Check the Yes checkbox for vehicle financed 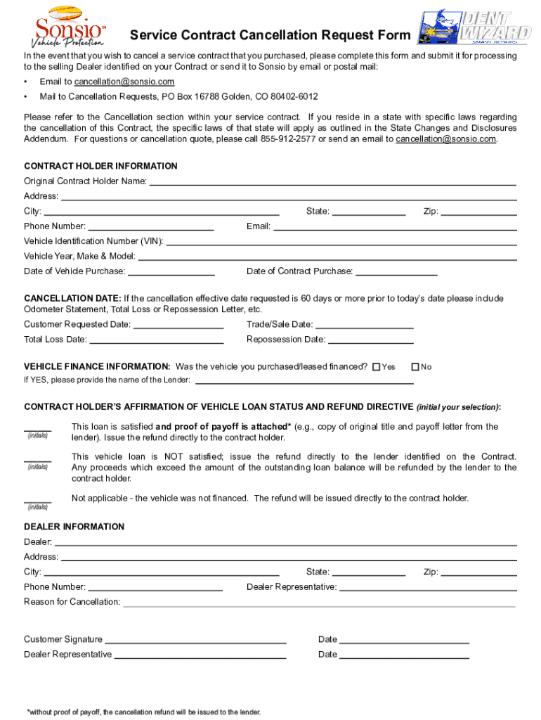click(376, 367)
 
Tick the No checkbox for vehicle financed click(415, 367)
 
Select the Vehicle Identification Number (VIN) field click(341, 242)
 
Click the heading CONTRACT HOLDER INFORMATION click(100, 167)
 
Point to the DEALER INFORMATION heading click(74, 527)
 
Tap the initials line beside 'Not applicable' click(37, 501)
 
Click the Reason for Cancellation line click(319, 603)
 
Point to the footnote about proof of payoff click(143, 712)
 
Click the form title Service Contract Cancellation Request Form click(270, 36)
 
